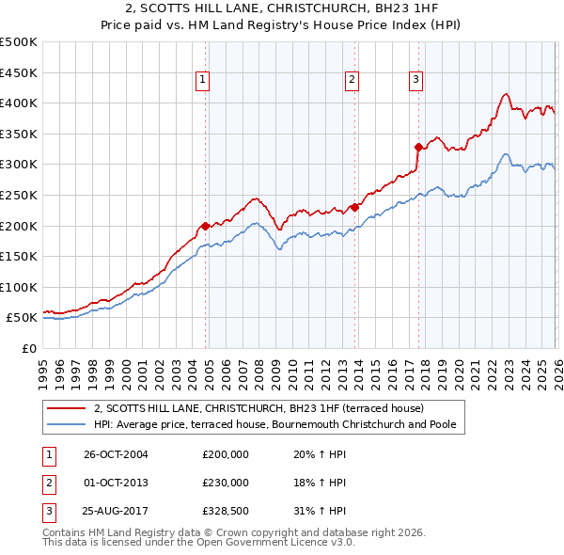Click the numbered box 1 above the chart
point(203,81)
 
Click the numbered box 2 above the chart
point(352,81)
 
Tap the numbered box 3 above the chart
point(415,81)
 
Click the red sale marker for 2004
point(205,226)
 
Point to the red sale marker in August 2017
point(418,147)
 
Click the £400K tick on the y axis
point(19,103)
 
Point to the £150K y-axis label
point(19,256)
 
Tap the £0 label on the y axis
point(28,348)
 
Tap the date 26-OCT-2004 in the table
point(116,454)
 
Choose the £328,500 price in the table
point(226,511)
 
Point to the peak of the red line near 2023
point(506,94)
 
